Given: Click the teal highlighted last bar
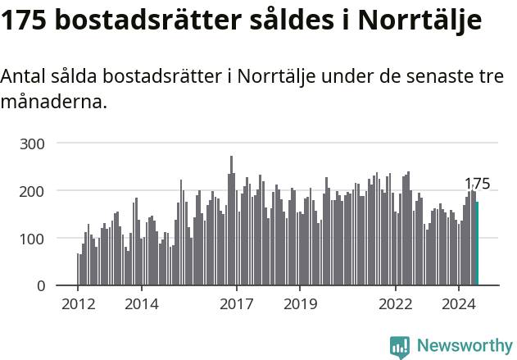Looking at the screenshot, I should tap(477, 244).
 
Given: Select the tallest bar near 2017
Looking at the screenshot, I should tap(231, 221).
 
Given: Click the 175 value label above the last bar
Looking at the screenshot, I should tap(477, 184).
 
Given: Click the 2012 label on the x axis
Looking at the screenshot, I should tap(78, 304).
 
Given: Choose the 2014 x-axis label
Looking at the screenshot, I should tap(141, 304).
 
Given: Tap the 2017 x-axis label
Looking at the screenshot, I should tap(237, 304).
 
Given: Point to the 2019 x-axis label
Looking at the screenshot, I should tap(300, 304).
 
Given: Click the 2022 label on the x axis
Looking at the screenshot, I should tap(396, 304).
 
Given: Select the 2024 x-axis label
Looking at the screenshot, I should tap(459, 304).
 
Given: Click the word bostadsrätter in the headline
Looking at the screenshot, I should tap(143, 21).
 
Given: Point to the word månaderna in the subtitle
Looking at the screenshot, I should tap(54, 103).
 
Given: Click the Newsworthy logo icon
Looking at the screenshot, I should tap(400, 347).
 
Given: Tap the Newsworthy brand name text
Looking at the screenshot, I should tap(465, 346).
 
